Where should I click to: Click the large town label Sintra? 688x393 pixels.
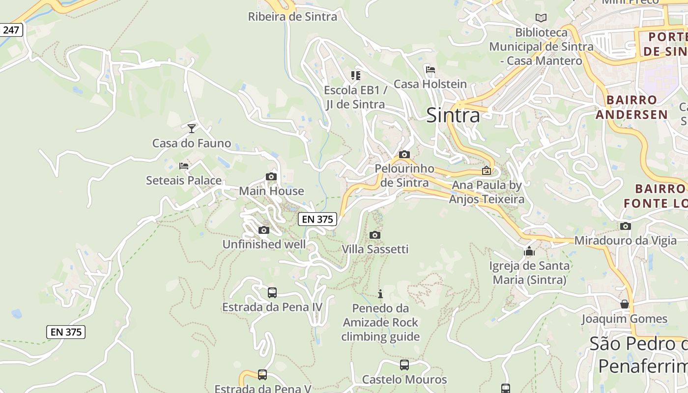tap(453, 115)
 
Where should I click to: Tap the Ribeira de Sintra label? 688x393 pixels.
tap(292, 17)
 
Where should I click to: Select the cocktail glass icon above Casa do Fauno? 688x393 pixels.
tap(192, 129)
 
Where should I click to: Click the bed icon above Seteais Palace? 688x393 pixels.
tap(184, 166)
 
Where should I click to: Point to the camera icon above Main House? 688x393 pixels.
tap(271, 176)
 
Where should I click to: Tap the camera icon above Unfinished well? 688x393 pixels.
tap(264, 230)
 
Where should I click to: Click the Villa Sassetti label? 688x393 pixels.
tap(375, 249)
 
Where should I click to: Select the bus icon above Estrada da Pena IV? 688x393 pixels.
tap(272, 293)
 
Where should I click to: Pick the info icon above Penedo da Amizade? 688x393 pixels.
tap(380, 294)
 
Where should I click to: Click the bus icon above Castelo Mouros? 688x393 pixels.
tap(404, 365)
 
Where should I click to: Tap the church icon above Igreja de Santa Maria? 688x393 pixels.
tap(529, 251)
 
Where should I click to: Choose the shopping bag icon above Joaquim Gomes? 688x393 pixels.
tap(624, 304)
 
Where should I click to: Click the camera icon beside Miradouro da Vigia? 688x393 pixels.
tap(626, 226)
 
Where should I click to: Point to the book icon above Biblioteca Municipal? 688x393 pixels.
tap(541, 18)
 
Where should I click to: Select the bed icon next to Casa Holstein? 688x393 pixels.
tap(430, 70)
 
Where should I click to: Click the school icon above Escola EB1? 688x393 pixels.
tap(355, 76)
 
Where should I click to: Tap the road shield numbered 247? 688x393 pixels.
tap(11, 30)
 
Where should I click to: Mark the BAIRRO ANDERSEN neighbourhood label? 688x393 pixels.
tap(631, 107)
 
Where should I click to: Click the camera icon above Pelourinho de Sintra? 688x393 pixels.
tap(404, 154)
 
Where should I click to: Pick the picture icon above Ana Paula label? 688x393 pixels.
tap(487, 170)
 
